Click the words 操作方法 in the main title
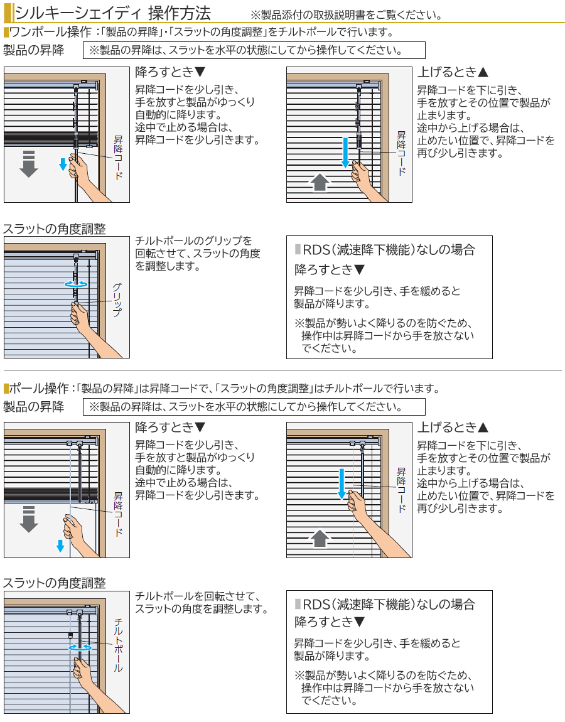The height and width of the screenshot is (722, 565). pyautogui.click(x=180, y=13)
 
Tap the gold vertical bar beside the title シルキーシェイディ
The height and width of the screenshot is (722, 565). pyautogui.click(x=8, y=13)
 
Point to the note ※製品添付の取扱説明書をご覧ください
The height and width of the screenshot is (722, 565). pyautogui.click(x=347, y=14)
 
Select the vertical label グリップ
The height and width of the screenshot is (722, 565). pyautogui.click(x=117, y=299)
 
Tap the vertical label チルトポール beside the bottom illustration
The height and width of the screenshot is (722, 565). pyautogui.click(x=118, y=645)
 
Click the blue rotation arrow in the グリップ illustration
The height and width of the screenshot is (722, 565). pyautogui.click(x=76, y=284)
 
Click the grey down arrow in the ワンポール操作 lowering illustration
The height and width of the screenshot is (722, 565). pyautogui.click(x=28, y=163)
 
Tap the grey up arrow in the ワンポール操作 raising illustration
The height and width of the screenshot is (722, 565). pyautogui.click(x=320, y=181)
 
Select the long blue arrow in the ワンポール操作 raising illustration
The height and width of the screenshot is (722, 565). pyautogui.click(x=345, y=153)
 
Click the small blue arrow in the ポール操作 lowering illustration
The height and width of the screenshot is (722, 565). pyautogui.click(x=60, y=546)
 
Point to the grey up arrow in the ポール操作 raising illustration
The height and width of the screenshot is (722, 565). pyautogui.click(x=320, y=538)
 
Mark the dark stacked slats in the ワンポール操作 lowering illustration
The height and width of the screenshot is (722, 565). pyautogui.click(x=51, y=139)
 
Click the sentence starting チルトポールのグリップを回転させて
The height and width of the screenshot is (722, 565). pyautogui.click(x=198, y=253)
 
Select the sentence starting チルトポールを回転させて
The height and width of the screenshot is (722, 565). pyautogui.click(x=202, y=602)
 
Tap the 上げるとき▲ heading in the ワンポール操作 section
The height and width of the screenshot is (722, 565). pyautogui.click(x=453, y=72)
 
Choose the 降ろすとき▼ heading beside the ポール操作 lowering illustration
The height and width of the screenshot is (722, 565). pyautogui.click(x=170, y=428)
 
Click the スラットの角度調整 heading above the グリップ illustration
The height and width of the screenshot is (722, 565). pyautogui.click(x=55, y=229)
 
